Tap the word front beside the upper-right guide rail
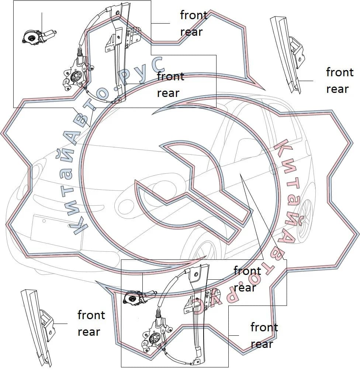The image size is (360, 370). [x=340, y=72]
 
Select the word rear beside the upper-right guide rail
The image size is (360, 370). [x=337, y=89]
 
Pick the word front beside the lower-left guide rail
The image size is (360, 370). [x=91, y=315]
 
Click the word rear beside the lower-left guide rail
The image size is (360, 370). [x=89, y=332]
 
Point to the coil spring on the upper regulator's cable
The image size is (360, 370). [x=80, y=52]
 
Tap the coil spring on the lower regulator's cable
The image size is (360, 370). [x=159, y=314]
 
